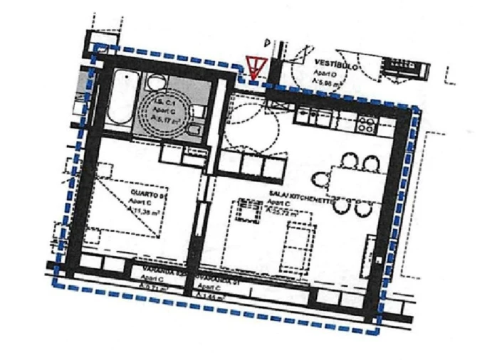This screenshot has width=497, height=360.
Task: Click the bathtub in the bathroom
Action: click(x=117, y=99)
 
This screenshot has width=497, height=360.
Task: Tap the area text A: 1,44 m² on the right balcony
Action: click(x=214, y=292)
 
